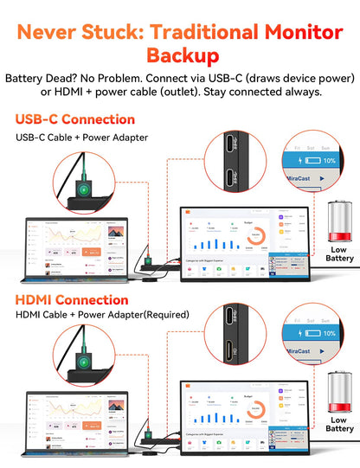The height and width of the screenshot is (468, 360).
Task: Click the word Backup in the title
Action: pos(180,56)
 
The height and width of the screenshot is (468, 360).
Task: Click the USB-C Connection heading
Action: pos(75,119)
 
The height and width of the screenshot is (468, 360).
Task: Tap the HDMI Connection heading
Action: pos(72,299)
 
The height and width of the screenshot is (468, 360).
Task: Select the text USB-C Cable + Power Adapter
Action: pos(81,137)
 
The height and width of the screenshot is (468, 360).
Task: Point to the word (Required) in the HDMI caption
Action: pos(164,315)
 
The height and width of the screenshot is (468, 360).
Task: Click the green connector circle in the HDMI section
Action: pos(84,362)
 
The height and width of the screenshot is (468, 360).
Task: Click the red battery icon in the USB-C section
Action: pos(339,222)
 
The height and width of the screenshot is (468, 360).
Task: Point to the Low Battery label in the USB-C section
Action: pos(339,254)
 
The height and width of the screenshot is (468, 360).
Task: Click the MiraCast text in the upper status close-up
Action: pos(299,183)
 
